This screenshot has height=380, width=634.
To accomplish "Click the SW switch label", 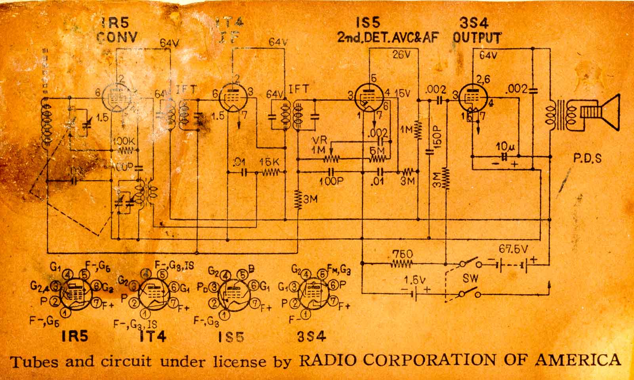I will (x=471, y=279).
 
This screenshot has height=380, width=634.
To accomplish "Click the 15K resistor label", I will (x=270, y=163).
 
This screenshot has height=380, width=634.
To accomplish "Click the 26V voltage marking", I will (x=401, y=55).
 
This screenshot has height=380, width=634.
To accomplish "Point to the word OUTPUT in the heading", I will (x=477, y=38).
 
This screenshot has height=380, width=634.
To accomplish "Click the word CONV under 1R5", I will (x=117, y=37).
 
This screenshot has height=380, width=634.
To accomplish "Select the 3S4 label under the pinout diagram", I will (x=311, y=337).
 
